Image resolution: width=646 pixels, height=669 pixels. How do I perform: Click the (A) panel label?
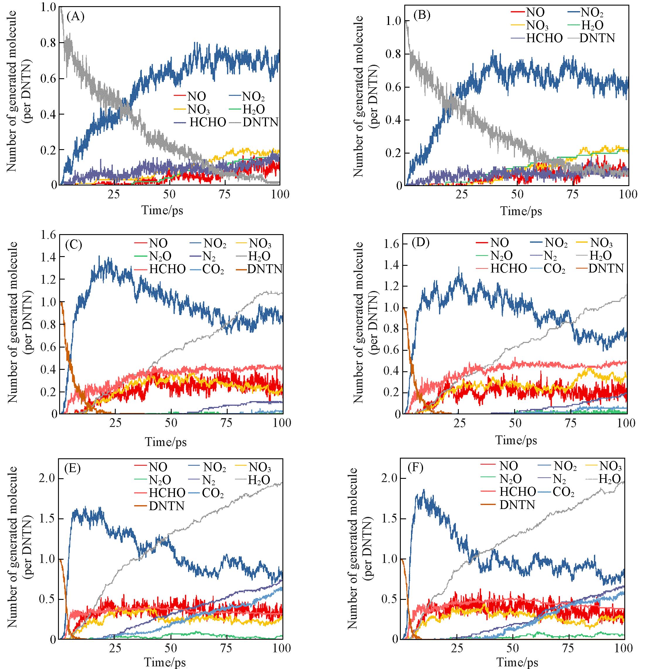point(75,16)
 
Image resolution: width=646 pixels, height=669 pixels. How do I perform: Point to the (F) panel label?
point(416,467)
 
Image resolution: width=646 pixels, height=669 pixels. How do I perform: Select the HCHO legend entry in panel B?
point(544,38)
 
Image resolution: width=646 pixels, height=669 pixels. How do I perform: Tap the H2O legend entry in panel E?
point(259,480)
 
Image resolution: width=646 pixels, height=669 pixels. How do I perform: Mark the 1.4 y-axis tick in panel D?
point(392,265)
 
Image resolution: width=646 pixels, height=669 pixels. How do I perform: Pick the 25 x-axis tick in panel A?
point(114,194)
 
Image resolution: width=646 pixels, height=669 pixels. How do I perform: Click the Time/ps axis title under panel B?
point(521,211)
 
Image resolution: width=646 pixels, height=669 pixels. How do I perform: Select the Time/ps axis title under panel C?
point(166,442)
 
